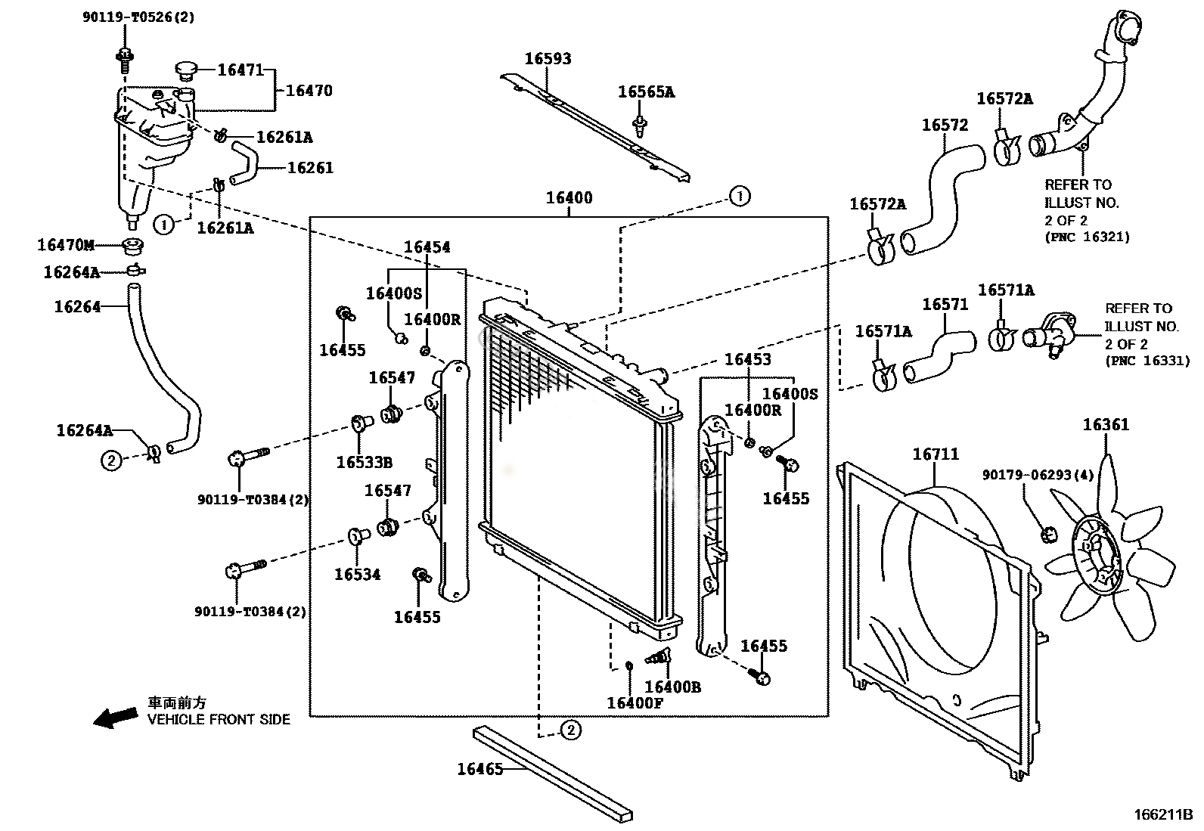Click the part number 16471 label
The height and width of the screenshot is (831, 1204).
(x=240, y=70)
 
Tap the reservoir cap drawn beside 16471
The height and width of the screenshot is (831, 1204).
(x=186, y=71)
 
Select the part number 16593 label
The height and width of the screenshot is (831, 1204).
(x=548, y=59)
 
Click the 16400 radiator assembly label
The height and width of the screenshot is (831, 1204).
(x=569, y=198)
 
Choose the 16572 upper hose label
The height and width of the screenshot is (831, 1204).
(x=945, y=125)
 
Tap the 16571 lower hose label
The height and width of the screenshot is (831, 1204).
(x=945, y=304)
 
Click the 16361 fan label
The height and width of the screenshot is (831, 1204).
(x=1105, y=425)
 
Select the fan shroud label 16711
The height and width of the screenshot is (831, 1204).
(x=936, y=454)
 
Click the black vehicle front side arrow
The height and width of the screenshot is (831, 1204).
(x=115, y=716)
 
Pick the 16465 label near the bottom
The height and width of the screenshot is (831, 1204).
(x=479, y=770)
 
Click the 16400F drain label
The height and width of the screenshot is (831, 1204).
(x=635, y=703)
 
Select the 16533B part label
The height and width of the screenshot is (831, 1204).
(x=365, y=463)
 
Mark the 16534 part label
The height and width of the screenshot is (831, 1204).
(x=358, y=575)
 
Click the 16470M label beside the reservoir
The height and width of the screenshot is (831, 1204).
(x=66, y=245)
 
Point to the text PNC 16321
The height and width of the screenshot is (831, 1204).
(x=1087, y=237)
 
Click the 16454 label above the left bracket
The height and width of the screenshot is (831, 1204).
(x=427, y=247)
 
